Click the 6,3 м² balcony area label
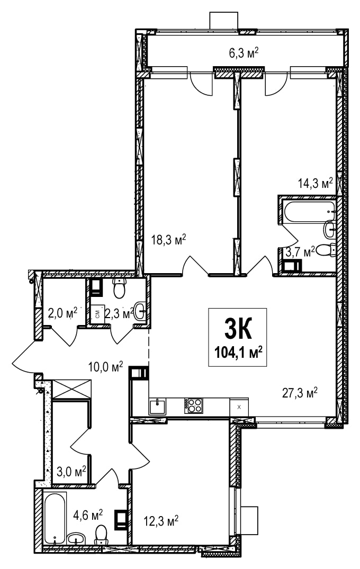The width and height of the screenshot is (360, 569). [x=244, y=53]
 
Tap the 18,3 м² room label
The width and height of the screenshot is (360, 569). [x=169, y=240]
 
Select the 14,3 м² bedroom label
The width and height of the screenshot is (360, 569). [x=316, y=183]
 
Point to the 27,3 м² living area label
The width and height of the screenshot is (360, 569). [x=300, y=393]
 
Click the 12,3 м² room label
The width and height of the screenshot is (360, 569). [x=161, y=521]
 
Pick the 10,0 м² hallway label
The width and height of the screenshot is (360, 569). [x=105, y=366]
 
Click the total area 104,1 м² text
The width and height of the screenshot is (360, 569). [x=238, y=352]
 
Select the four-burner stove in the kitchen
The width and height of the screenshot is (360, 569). [x=193, y=405]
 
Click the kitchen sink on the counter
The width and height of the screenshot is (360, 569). [x=157, y=406]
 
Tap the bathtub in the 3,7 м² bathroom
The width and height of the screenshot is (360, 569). [x=310, y=211]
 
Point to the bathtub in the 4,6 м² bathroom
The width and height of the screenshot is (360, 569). [x=55, y=518]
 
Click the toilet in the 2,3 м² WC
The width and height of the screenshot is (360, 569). [x=119, y=288]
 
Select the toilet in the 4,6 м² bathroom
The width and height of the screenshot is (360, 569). [x=101, y=535]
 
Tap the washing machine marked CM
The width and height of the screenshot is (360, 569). [x=97, y=314]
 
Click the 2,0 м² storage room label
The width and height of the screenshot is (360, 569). [x=62, y=312]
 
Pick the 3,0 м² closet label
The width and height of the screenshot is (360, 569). [x=71, y=472]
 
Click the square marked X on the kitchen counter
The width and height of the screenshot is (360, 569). [x=239, y=407]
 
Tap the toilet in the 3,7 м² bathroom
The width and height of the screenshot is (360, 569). [x=326, y=250]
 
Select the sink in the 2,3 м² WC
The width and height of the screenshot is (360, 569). [x=140, y=311]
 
